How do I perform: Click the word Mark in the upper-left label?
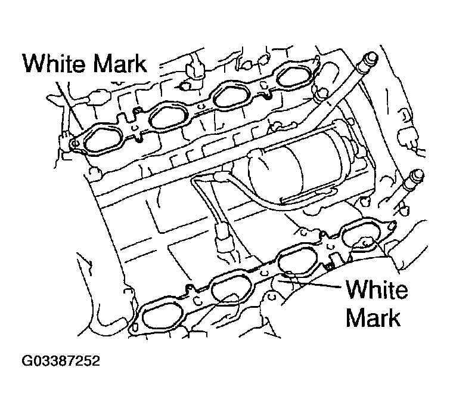[x=120, y=63]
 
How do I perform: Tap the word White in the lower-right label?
[x=377, y=289]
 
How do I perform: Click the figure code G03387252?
[x=61, y=361]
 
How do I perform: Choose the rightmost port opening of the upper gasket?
[x=294, y=75]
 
